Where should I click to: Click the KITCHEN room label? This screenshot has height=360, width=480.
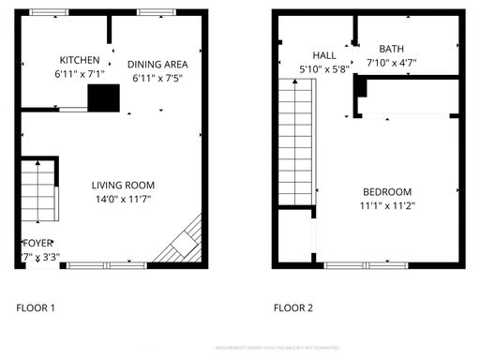point(73,58)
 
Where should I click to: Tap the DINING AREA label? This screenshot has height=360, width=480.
point(159,65)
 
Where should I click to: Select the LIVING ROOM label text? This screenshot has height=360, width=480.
point(123,185)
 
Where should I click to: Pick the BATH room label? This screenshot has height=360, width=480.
point(392,49)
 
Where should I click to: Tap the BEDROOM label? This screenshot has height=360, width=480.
point(386,191)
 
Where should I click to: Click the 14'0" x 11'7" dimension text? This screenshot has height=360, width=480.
point(123,199)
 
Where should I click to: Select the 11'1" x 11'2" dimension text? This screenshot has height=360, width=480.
point(386,205)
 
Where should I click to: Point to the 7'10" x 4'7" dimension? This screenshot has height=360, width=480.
point(392,63)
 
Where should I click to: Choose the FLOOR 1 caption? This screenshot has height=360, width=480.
point(37,307)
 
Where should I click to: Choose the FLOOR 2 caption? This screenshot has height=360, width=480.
point(292,307)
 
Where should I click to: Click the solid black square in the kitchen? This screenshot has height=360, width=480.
point(104,98)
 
